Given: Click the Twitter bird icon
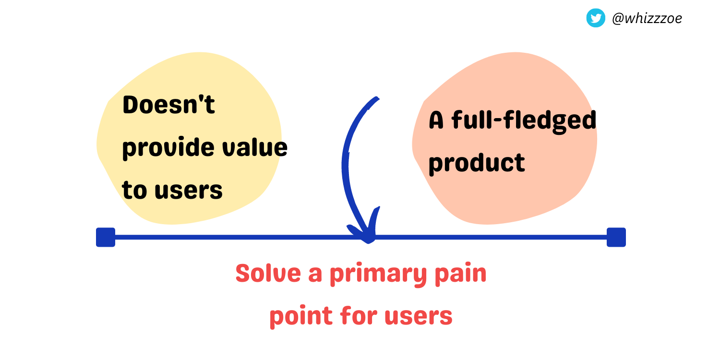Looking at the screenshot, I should click(x=596, y=18).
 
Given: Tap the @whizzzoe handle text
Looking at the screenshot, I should click(x=647, y=19).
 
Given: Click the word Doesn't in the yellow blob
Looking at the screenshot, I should click(x=168, y=105).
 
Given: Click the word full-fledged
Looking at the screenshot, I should click(x=524, y=121).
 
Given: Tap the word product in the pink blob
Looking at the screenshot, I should click(x=476, y=163).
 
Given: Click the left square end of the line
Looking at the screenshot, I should click(x=106, y=237).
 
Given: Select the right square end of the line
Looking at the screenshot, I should click(x=616, y=237).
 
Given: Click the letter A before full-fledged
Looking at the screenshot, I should click(x=436, y=121).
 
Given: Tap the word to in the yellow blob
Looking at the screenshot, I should click(x=134, y=190).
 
